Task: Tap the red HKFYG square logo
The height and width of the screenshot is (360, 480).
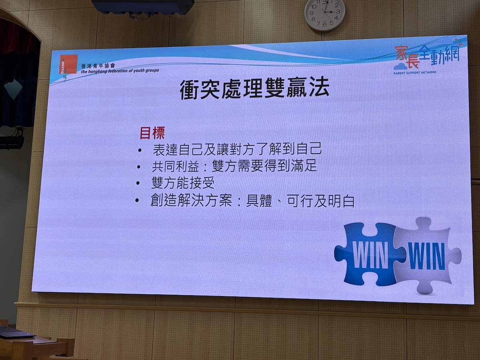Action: point(68,64)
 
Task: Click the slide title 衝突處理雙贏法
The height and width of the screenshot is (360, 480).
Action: point(254,89)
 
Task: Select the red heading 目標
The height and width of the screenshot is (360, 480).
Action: point(152,133)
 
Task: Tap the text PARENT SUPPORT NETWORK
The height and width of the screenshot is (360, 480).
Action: point(415,72)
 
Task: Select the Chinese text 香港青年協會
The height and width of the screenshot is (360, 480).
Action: point(98,66)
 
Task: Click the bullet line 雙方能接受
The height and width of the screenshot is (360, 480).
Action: point(183,183)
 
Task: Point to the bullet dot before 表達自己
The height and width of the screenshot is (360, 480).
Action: point(140,150)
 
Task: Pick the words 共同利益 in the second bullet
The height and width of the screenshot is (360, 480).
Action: point(176,166)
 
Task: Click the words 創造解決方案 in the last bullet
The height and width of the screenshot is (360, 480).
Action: point(191,200)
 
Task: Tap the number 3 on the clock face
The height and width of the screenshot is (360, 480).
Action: point(338,11)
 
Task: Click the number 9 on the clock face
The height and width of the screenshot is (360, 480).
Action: point(311,13)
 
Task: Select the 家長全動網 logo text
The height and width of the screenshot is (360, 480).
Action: point(427,57)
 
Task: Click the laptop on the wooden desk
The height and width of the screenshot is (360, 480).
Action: point(15,333)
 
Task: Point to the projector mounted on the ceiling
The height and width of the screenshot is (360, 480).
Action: point(143,6)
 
